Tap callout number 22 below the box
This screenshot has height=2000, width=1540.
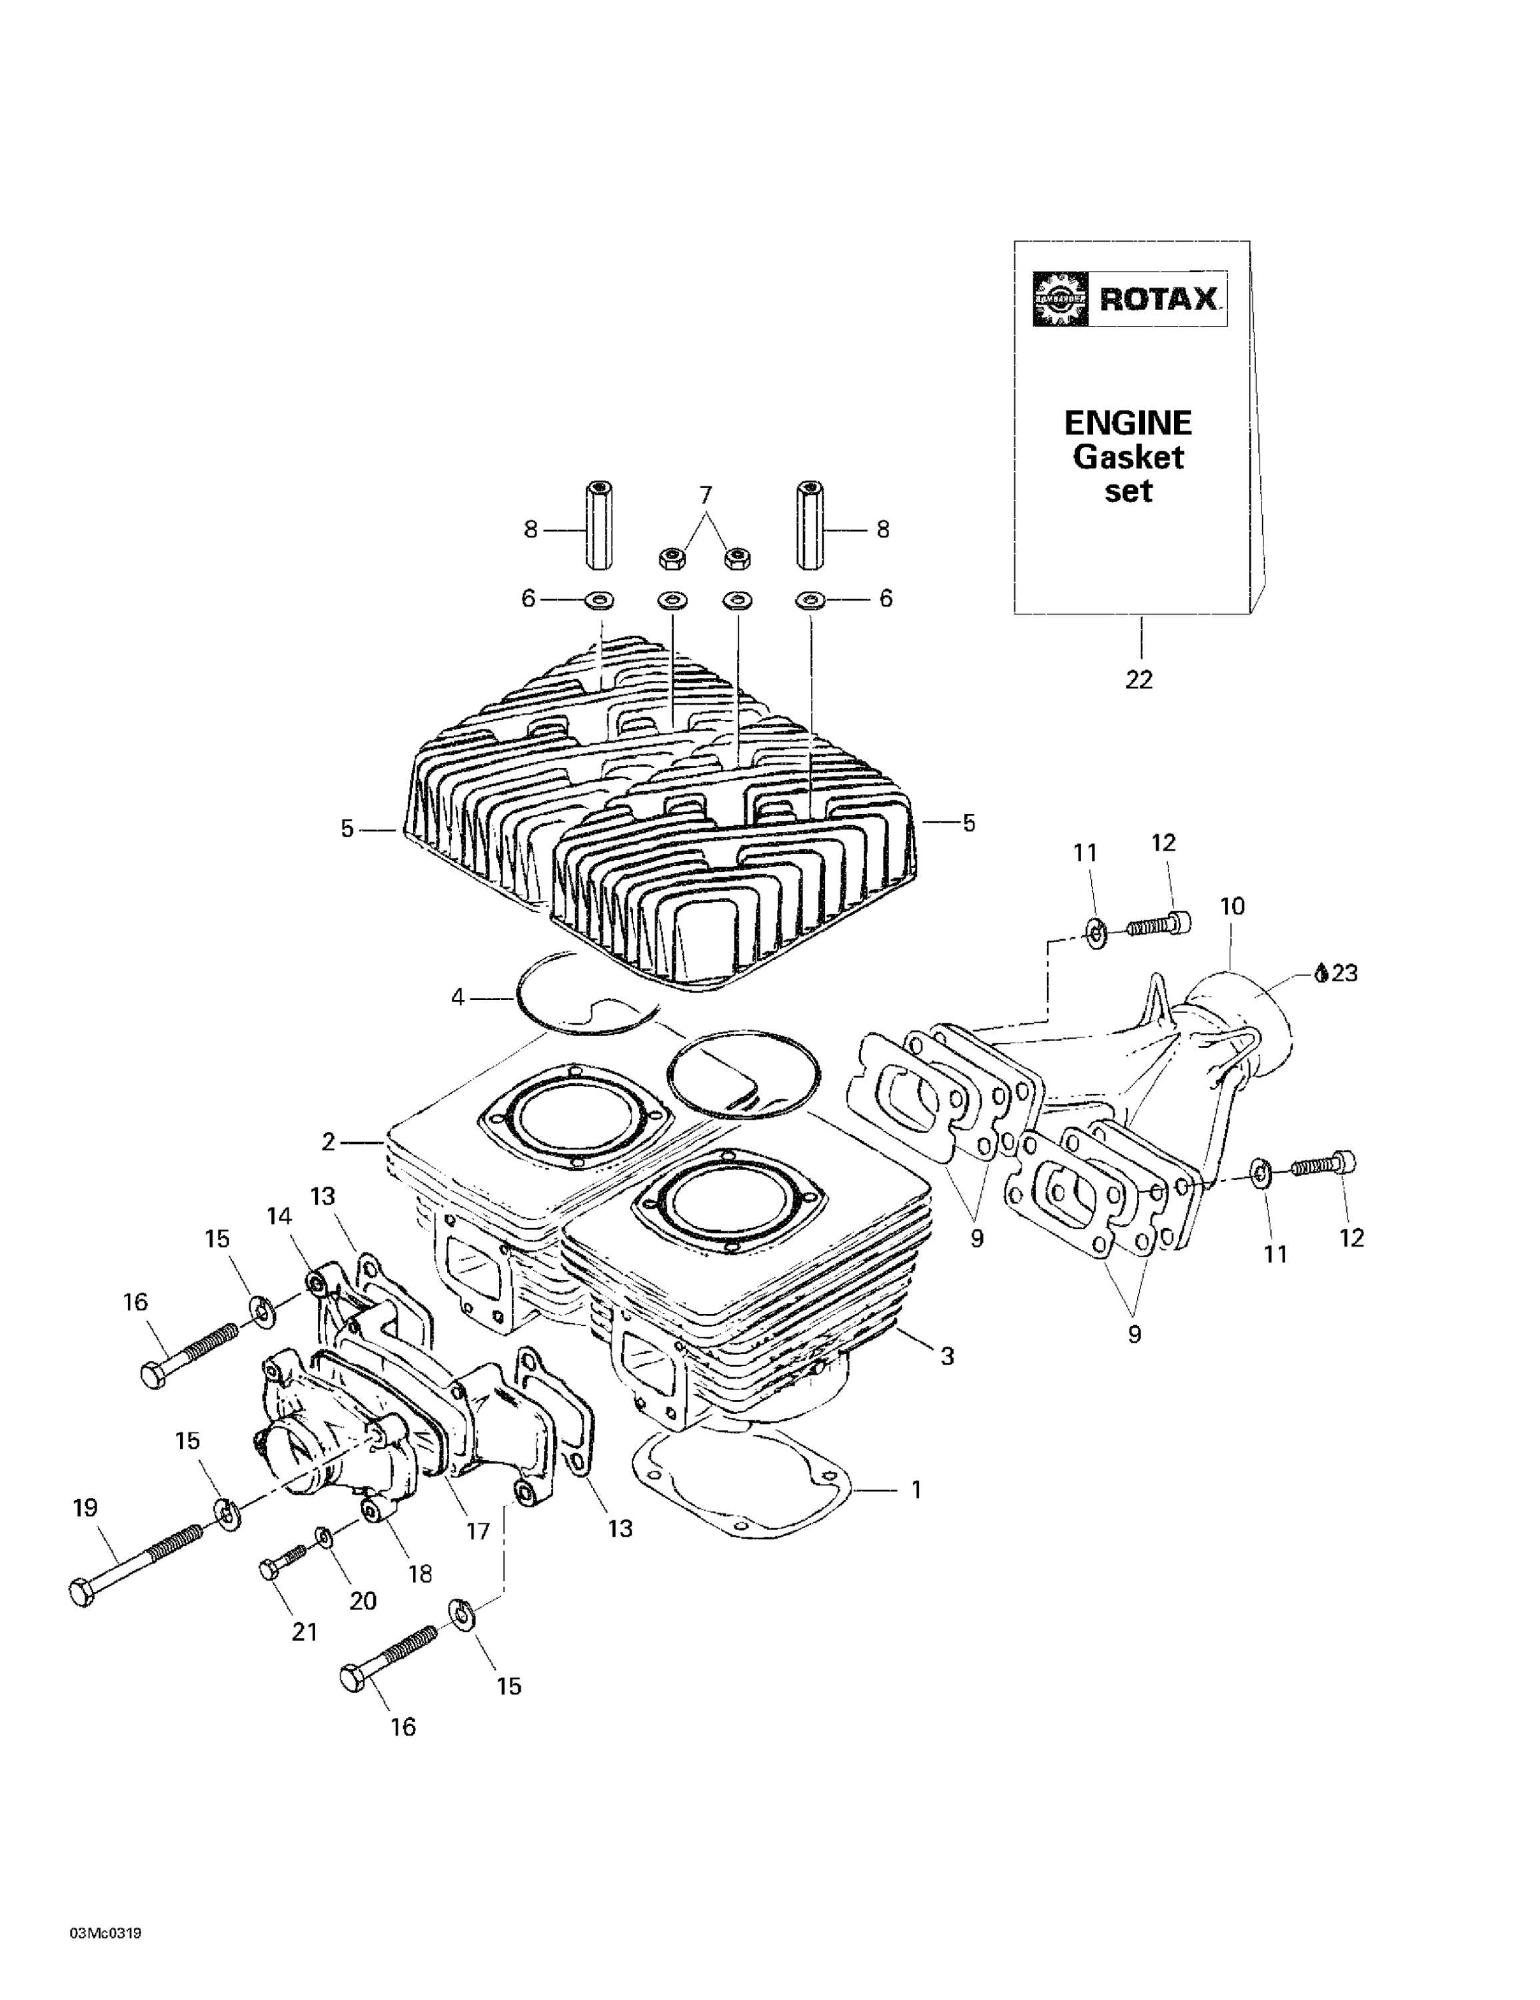(x=1139, y=679)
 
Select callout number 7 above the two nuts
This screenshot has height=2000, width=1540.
(x=705, y=495)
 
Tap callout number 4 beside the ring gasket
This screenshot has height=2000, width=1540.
(x=458, y=997)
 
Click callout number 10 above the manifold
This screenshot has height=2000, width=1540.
(x=1232, y=906)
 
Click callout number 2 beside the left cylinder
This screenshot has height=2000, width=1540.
(x=329, y=1142)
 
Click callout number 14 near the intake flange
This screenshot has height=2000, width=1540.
(x=279, y=1215)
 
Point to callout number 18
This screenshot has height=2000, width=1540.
(x=419, y=1573)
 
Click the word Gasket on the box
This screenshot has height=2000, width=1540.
(x=1127, y=456)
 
